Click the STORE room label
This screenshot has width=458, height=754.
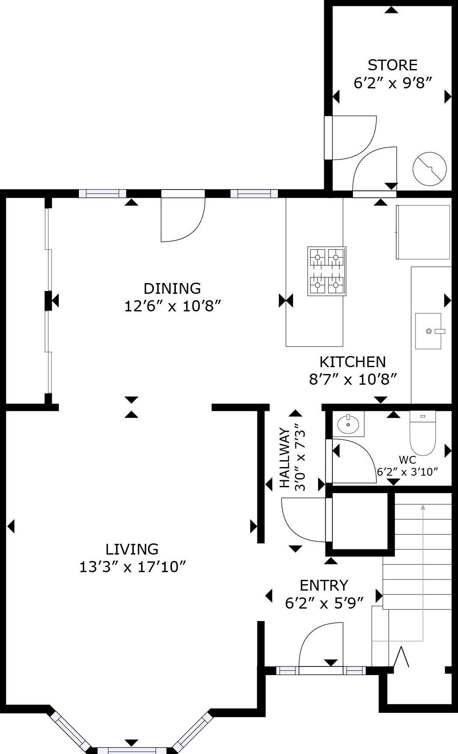(392, 65)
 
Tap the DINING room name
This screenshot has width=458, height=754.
(172, 288)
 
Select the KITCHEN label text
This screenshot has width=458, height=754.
(353, 362)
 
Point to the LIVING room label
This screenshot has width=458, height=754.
(132, 549)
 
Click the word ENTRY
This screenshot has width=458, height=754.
(324, 585)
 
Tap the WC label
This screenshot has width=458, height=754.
(407, 460)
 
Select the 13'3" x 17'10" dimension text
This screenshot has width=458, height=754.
(133, 567)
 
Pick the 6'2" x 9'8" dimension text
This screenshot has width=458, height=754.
(392, 83)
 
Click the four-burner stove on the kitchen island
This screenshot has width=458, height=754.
(327, 271)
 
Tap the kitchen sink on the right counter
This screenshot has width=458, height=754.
(428, 331)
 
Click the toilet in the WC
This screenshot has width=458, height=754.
(422, 432)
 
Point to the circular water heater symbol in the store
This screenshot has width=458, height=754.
(429, 169)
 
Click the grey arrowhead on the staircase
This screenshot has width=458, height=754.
(423, 507)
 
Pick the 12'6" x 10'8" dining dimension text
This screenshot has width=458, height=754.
(172, 306)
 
